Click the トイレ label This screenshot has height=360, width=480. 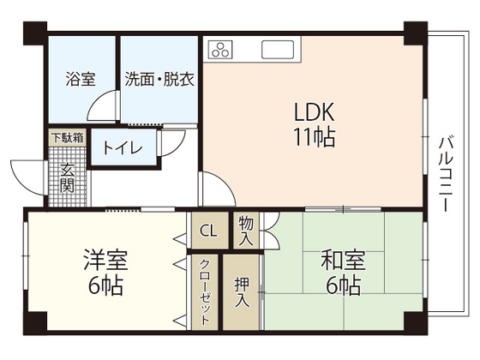[x=122, y=147]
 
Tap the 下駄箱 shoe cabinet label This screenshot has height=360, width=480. [x=66, y=135]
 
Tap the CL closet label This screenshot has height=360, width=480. [x=207, y=231]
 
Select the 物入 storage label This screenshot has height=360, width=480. [x=246, y=230]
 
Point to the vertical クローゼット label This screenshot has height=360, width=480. [x=206, y=291]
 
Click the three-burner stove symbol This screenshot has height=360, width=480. [x=220, y=48]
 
